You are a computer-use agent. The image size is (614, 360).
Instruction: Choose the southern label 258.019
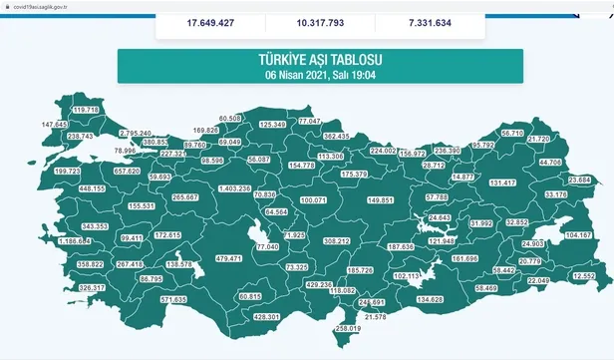[347, 329]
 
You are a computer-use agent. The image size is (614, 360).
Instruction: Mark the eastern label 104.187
[578, 234]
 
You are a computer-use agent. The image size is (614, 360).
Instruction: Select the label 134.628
[431, 299]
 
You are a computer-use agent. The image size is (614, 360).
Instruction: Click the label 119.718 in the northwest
[88, 109]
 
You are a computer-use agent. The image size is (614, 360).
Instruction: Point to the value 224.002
[383, 151]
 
